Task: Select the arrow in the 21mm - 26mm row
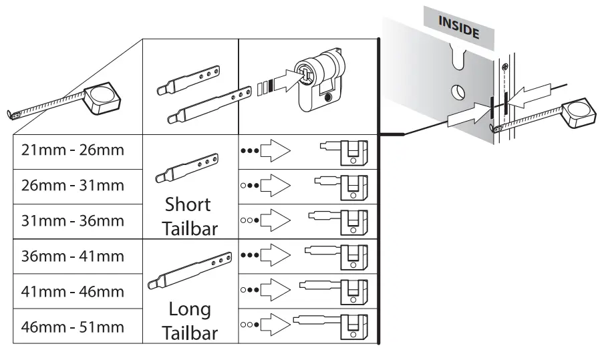click(275, 151)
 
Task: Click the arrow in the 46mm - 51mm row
click(275, 327)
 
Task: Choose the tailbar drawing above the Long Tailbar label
click(190, 271)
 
